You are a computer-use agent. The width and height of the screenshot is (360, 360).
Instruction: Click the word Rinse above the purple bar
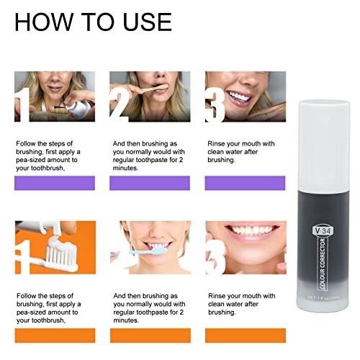coord(218,143)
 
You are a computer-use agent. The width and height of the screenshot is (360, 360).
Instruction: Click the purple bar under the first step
coord(54,184)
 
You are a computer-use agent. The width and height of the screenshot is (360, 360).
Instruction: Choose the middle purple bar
coord(149,184)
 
